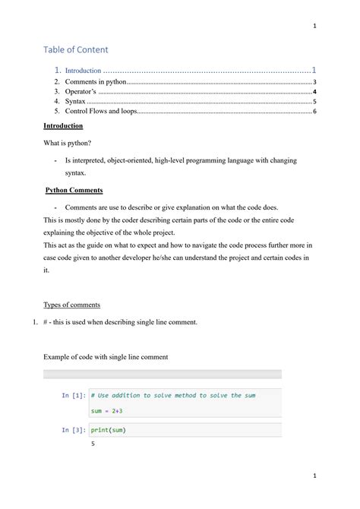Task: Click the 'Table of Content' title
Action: tap(76, 49)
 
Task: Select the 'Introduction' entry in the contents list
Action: tap(83, 70)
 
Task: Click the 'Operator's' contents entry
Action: tap(81, 90)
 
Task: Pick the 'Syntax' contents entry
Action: tap(75, 100)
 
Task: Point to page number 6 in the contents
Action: tap(314, 111)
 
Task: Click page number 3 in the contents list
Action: tap(314, 81)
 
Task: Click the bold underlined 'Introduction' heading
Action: tap(63, 125)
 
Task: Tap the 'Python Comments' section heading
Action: tap(74, 190)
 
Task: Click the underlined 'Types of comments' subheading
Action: tap(71, 305)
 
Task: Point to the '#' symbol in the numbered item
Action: tap(46, 322)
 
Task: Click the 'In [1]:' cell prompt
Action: tap(74, 396)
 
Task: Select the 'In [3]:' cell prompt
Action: tap(74, 430)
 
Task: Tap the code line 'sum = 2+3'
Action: tap(107, 411)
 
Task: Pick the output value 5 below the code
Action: tap(93, 444)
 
